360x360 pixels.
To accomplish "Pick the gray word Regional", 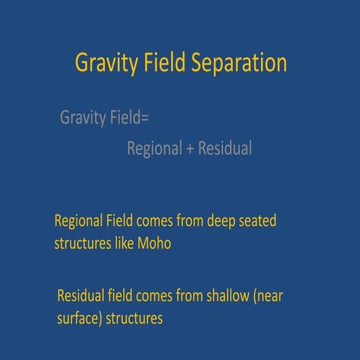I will click(154, 149).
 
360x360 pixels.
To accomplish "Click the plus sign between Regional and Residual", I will click(190, 149).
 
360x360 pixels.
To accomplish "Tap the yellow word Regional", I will click(82, 223).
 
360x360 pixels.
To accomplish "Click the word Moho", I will click(156, 244).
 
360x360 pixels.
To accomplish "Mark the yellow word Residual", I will click(82, 295).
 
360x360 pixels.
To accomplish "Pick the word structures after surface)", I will click(135, 318).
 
